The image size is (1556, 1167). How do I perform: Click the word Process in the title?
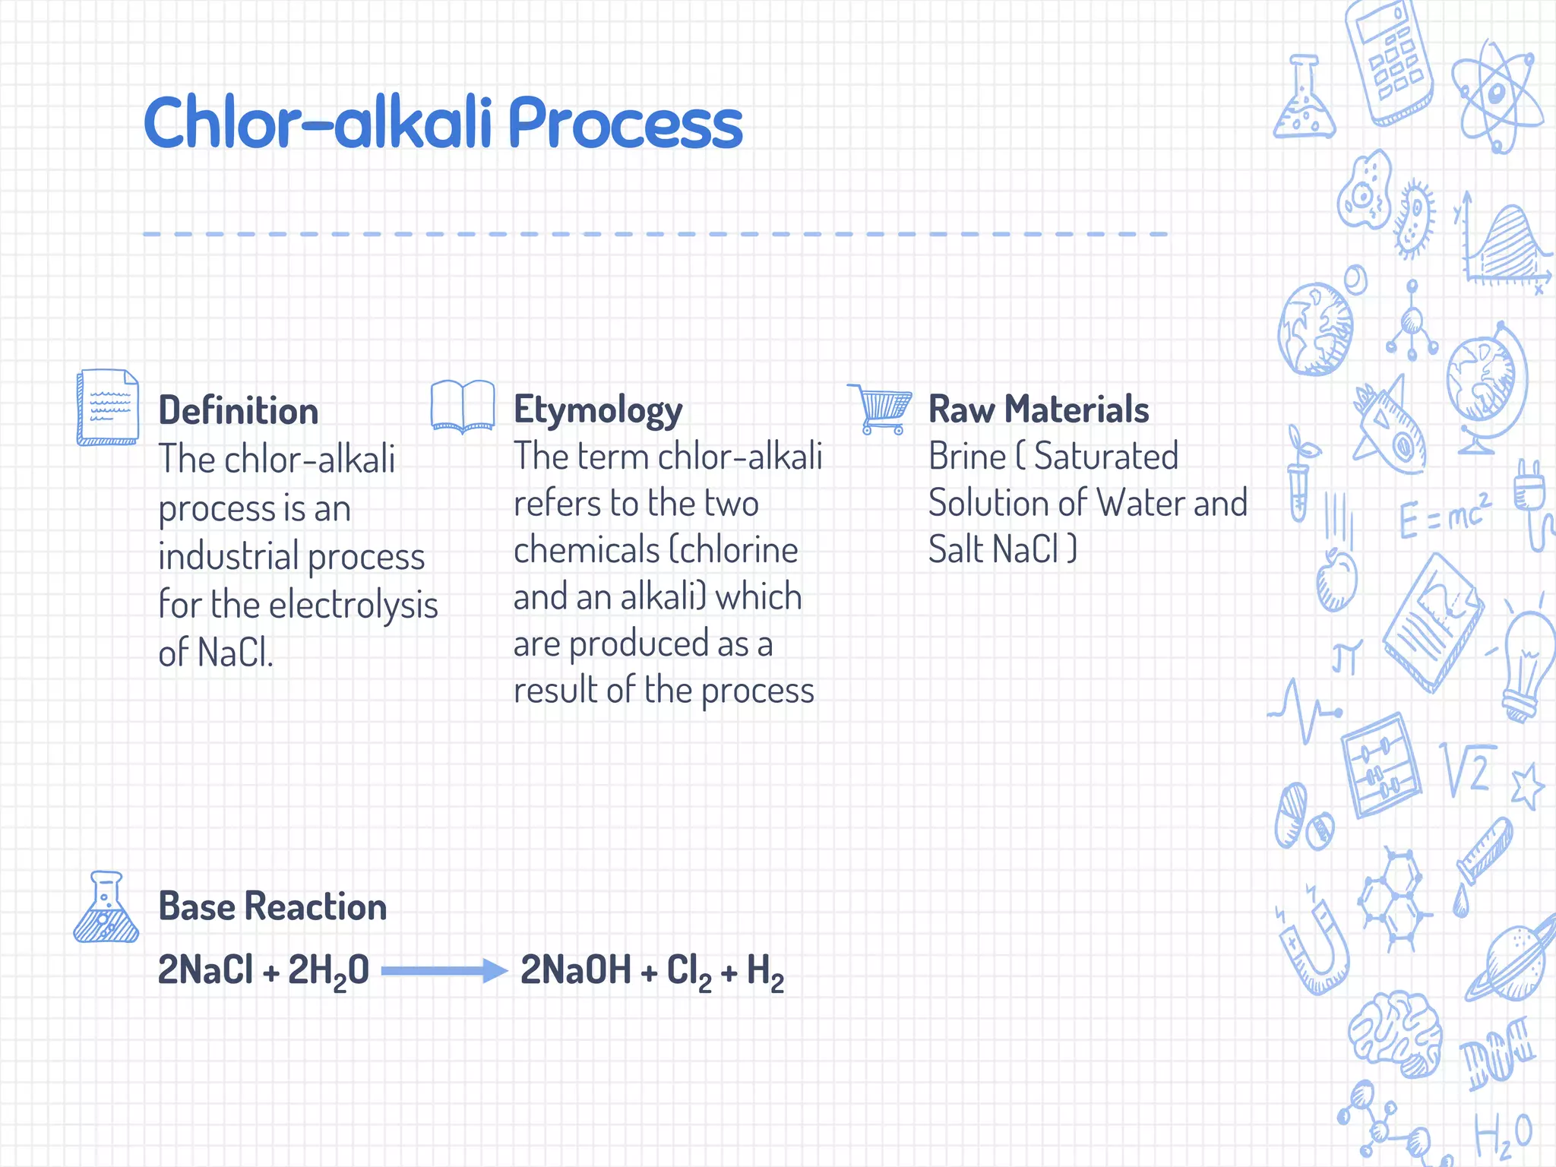tap(625, 123)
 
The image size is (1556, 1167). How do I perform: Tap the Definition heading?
tap(238, 411)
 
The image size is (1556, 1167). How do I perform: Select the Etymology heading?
tap(598, 410)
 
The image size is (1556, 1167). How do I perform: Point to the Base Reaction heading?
tap(272, 906)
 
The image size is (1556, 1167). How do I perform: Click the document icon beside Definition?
tap(108, 407)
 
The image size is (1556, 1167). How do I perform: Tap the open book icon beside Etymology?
tap(463, 406)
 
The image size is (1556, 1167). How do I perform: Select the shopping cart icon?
tap(881, 408)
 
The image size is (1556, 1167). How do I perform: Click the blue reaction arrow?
tap(444, 970)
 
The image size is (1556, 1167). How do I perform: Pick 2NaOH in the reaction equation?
tap(575, 970)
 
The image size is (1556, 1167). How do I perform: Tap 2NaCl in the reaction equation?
tap(205, 970)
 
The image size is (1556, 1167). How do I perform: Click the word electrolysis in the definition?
tap(353, 605)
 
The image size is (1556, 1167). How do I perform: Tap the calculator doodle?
tap(1389, 61)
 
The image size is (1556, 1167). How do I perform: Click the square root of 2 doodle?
tap(1467, 769)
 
